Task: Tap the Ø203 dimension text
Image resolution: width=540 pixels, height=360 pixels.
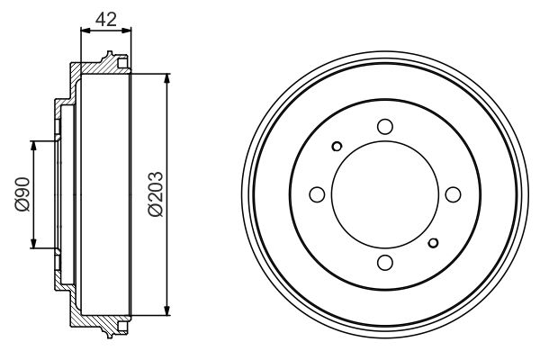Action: pyautogui.click(x=154, y=193)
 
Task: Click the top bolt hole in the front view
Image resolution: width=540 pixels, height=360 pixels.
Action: pyautogui.click(x=384, y=126)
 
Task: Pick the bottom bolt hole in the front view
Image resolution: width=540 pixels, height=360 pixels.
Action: pyautogui.click(x=384, y=262)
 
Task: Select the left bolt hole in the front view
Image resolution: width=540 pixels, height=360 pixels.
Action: pyautogui.click(x=317, y=193)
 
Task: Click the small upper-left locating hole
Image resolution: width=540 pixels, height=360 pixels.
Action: pyautogui.click(x=337, y=147)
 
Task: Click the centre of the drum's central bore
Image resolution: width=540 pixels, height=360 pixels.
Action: pyautogui.click(x=384, y=193)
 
